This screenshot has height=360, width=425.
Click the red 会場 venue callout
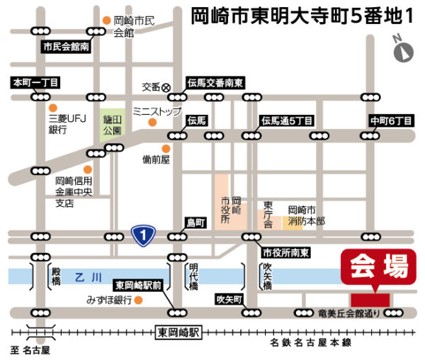(x=378, y=266)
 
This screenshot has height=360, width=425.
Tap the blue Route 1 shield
(x=143, y=235)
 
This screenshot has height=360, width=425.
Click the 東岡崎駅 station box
(x=178, y=332)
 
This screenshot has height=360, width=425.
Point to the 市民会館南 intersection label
(x=66, y=47)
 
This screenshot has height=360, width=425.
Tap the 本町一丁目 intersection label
(x=35, y=82)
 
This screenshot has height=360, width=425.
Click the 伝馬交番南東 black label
(x=215, y=83)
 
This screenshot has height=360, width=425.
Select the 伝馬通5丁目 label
(x=287, y=120)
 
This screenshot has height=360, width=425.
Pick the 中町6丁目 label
(x=391, y=120)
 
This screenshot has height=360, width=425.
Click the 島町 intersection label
(x=195, y=223)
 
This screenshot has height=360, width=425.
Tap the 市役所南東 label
(x=285, y=253)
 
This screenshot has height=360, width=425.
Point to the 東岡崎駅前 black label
(x=138, y=285)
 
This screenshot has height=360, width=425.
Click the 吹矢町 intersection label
(x=229, y=299)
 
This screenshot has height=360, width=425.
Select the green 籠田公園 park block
(x=113, y=125)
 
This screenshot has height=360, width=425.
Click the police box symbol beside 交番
(x=166, y=88)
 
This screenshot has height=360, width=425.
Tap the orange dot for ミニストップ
(x=152, y=123)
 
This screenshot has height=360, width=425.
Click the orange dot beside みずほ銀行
(x=139, y=300)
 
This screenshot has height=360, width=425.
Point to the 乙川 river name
(x=89, y=278)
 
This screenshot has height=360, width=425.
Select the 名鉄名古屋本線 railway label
(x=311, y=343)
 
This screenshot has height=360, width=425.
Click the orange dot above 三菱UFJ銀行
(x=53, y=108)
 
